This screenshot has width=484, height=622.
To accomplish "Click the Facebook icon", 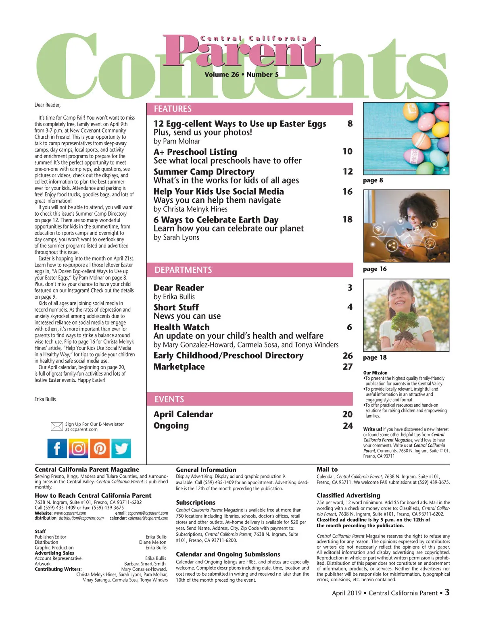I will coord(57,448).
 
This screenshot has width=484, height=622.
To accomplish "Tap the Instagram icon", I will coord(79,448).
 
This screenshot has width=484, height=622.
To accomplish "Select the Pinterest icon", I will coord(100,448).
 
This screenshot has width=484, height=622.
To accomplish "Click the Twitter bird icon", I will coord(121,448).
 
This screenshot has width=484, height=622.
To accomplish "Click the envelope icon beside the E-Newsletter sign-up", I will coord(57,426).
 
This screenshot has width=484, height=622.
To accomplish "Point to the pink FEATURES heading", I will coord(173,109).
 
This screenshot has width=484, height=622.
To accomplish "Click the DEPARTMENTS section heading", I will coord(183,270).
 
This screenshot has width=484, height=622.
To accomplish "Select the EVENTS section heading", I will coord(169,399).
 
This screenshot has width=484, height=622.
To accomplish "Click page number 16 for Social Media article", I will coord(347,191).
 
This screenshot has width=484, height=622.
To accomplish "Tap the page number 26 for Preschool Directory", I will coord(347,356).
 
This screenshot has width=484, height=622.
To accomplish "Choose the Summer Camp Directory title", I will coord(204,172).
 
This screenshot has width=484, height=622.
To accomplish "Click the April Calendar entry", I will coord(183,414).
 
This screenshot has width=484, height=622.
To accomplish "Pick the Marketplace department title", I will coord(179,367).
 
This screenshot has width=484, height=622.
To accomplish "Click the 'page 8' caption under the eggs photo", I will coord(373,180).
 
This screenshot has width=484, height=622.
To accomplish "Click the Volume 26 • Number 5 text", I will coord(241,75).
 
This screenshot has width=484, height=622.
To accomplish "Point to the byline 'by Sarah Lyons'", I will coord(176,237).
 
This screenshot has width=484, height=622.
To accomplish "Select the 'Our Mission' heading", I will coord(375,373).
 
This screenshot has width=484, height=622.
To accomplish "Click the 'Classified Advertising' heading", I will coord(348,495).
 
